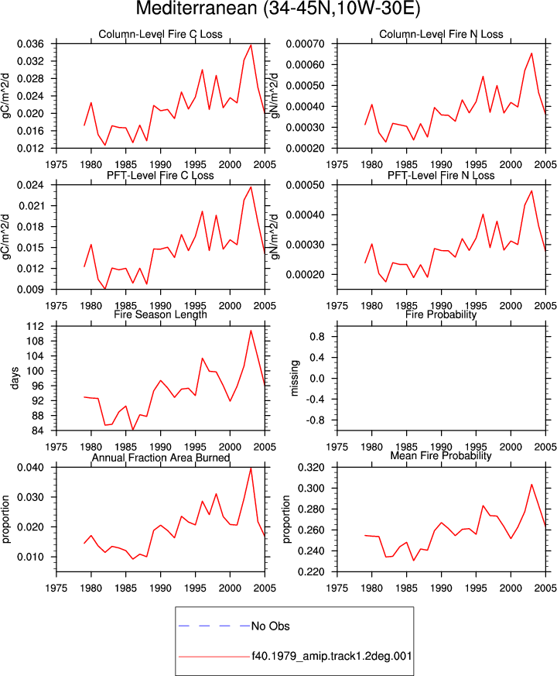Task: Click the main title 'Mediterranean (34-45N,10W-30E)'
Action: tap(278, 9)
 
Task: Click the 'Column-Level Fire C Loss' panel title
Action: tap(160, 34)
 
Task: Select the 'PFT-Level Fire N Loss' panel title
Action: tap(441, 176)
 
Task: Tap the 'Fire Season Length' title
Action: tap(160, 314)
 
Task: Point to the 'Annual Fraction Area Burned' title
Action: tap(160, 458)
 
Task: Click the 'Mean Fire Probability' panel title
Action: tap(441, 455)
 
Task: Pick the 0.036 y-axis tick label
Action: tap(30, 44)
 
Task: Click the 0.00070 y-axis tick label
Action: tap(305, 44)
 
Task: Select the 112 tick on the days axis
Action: tap(36, 326)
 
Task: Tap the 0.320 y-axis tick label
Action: tap(311, 468)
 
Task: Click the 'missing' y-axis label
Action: tap(295, 378)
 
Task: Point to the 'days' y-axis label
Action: tap(15, 378)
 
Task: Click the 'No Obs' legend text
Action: tap(271, 626)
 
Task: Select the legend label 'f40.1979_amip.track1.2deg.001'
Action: tap(332, 656)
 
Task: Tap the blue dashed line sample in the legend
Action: tap(214, 626)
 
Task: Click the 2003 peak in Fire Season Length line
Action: tap(251, 331)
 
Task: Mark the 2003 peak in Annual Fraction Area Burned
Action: tap(251, 468)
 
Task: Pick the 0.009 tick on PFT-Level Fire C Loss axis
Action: tap(30, 290)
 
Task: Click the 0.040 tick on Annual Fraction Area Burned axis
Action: tap(30, 468)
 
